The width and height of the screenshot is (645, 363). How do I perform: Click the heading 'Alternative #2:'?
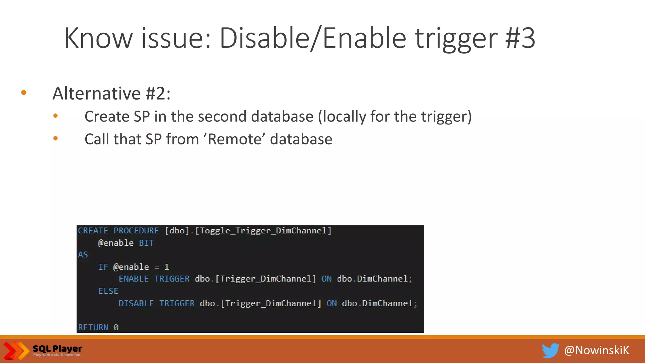pos(111,94)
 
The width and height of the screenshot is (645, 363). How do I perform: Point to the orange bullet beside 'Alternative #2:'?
pos(24,93)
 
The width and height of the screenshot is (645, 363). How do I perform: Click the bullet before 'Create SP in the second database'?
pos(55,116)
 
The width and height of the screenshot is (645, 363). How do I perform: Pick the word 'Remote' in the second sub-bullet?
pos(235,139)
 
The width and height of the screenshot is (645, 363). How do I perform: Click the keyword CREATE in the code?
pos(93,231)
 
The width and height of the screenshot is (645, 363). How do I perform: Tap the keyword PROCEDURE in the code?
pos(136,231)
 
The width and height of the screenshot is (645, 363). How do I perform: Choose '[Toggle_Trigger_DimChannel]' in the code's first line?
pos(263,231)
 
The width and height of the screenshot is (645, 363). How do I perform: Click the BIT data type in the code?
pos(146,243)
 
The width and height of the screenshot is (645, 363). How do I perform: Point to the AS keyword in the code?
pos(83,255)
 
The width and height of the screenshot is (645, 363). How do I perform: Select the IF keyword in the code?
pos(103,267)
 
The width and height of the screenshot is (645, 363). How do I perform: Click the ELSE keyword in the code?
pos(108,291)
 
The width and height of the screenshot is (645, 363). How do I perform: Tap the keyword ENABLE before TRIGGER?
pos(134,279)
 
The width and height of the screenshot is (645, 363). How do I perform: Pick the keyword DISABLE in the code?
pos(136,303)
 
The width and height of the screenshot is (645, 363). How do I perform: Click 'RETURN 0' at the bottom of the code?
pos(98,328)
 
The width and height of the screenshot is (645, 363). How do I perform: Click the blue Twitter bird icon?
pos(550,351)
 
